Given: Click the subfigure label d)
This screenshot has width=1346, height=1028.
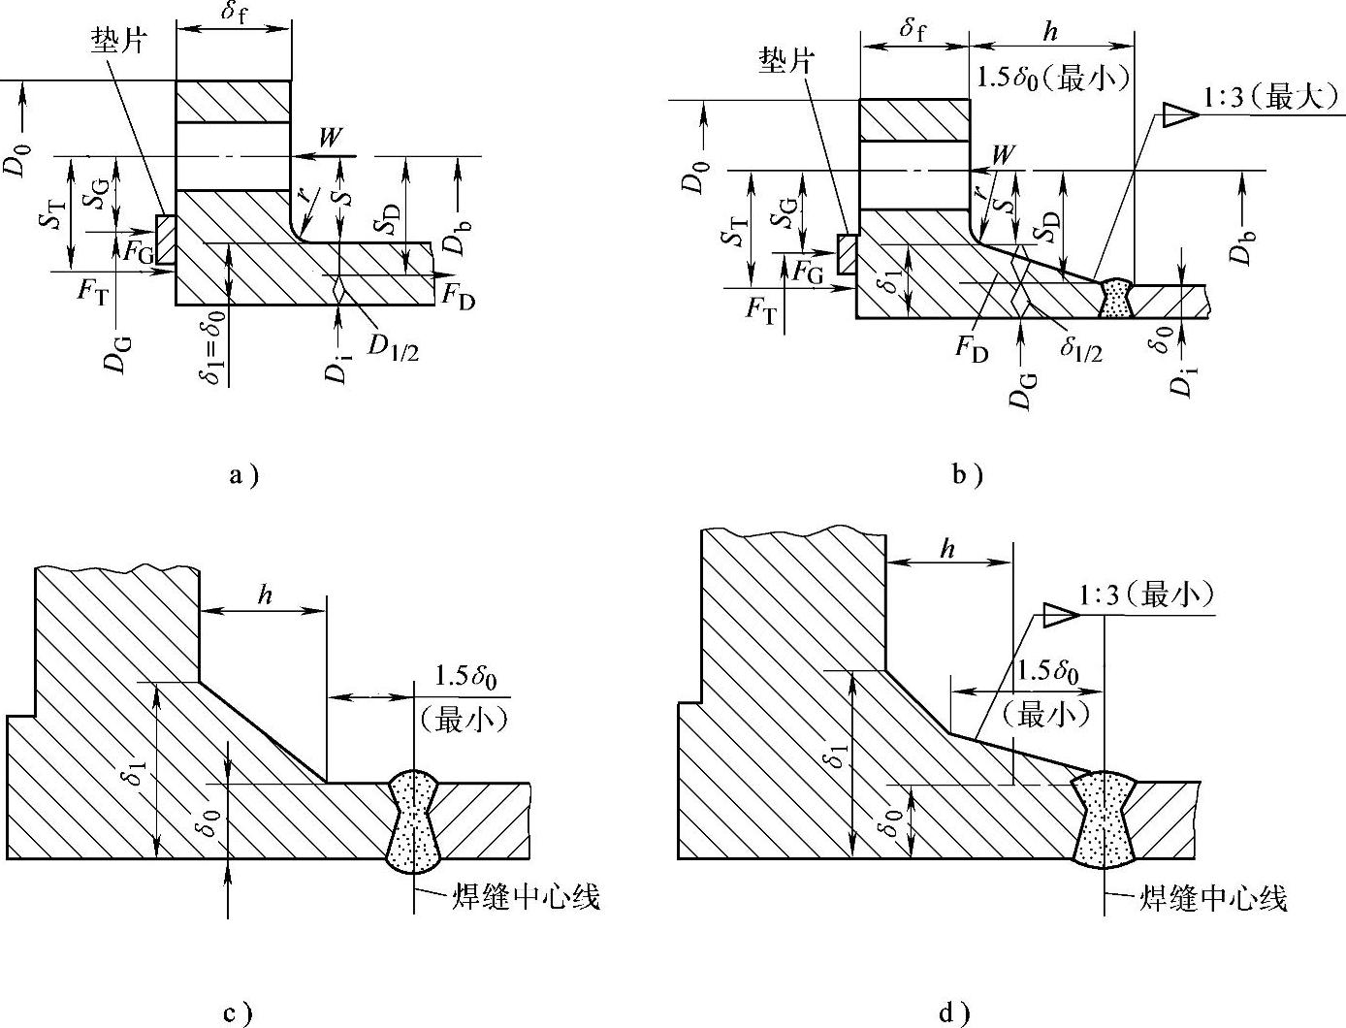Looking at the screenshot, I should pyautogui.click(x=955, y=1014).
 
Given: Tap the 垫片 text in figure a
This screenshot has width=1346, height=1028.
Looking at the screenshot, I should pyautogui.click(x=119, y=41).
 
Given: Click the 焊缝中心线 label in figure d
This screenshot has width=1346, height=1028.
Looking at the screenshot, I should pyautogui.click(x=1212, y=899).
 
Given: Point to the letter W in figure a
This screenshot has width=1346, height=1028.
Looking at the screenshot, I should pyautogui.click(x=331, y=137).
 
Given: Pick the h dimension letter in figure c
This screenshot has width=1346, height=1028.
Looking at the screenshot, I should pyautogui.click(x=264, y=594).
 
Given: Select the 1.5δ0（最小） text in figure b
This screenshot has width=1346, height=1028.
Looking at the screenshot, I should pyautogui.click(x=1051, y=78).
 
